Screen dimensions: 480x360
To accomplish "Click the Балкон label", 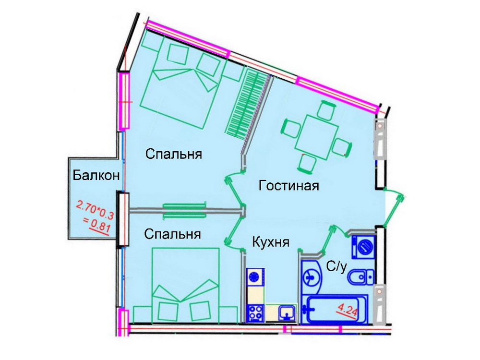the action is [x=96, y=176].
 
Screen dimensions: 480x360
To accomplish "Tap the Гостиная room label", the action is [x=288, y=185].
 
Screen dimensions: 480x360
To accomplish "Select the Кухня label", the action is [x=271, y=242].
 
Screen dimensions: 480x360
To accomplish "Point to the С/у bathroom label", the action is [x=336, y=267].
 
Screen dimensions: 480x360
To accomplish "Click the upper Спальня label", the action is [x=174, y=154].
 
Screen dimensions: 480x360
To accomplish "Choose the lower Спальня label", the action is [x=172, y=234].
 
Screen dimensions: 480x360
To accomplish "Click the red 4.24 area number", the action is [x=347, y=312].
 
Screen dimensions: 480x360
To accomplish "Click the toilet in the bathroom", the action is [x=361, y=277].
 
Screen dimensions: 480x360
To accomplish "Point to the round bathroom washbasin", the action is [x=311, y=276].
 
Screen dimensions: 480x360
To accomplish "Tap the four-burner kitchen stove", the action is [x=255, y=313].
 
